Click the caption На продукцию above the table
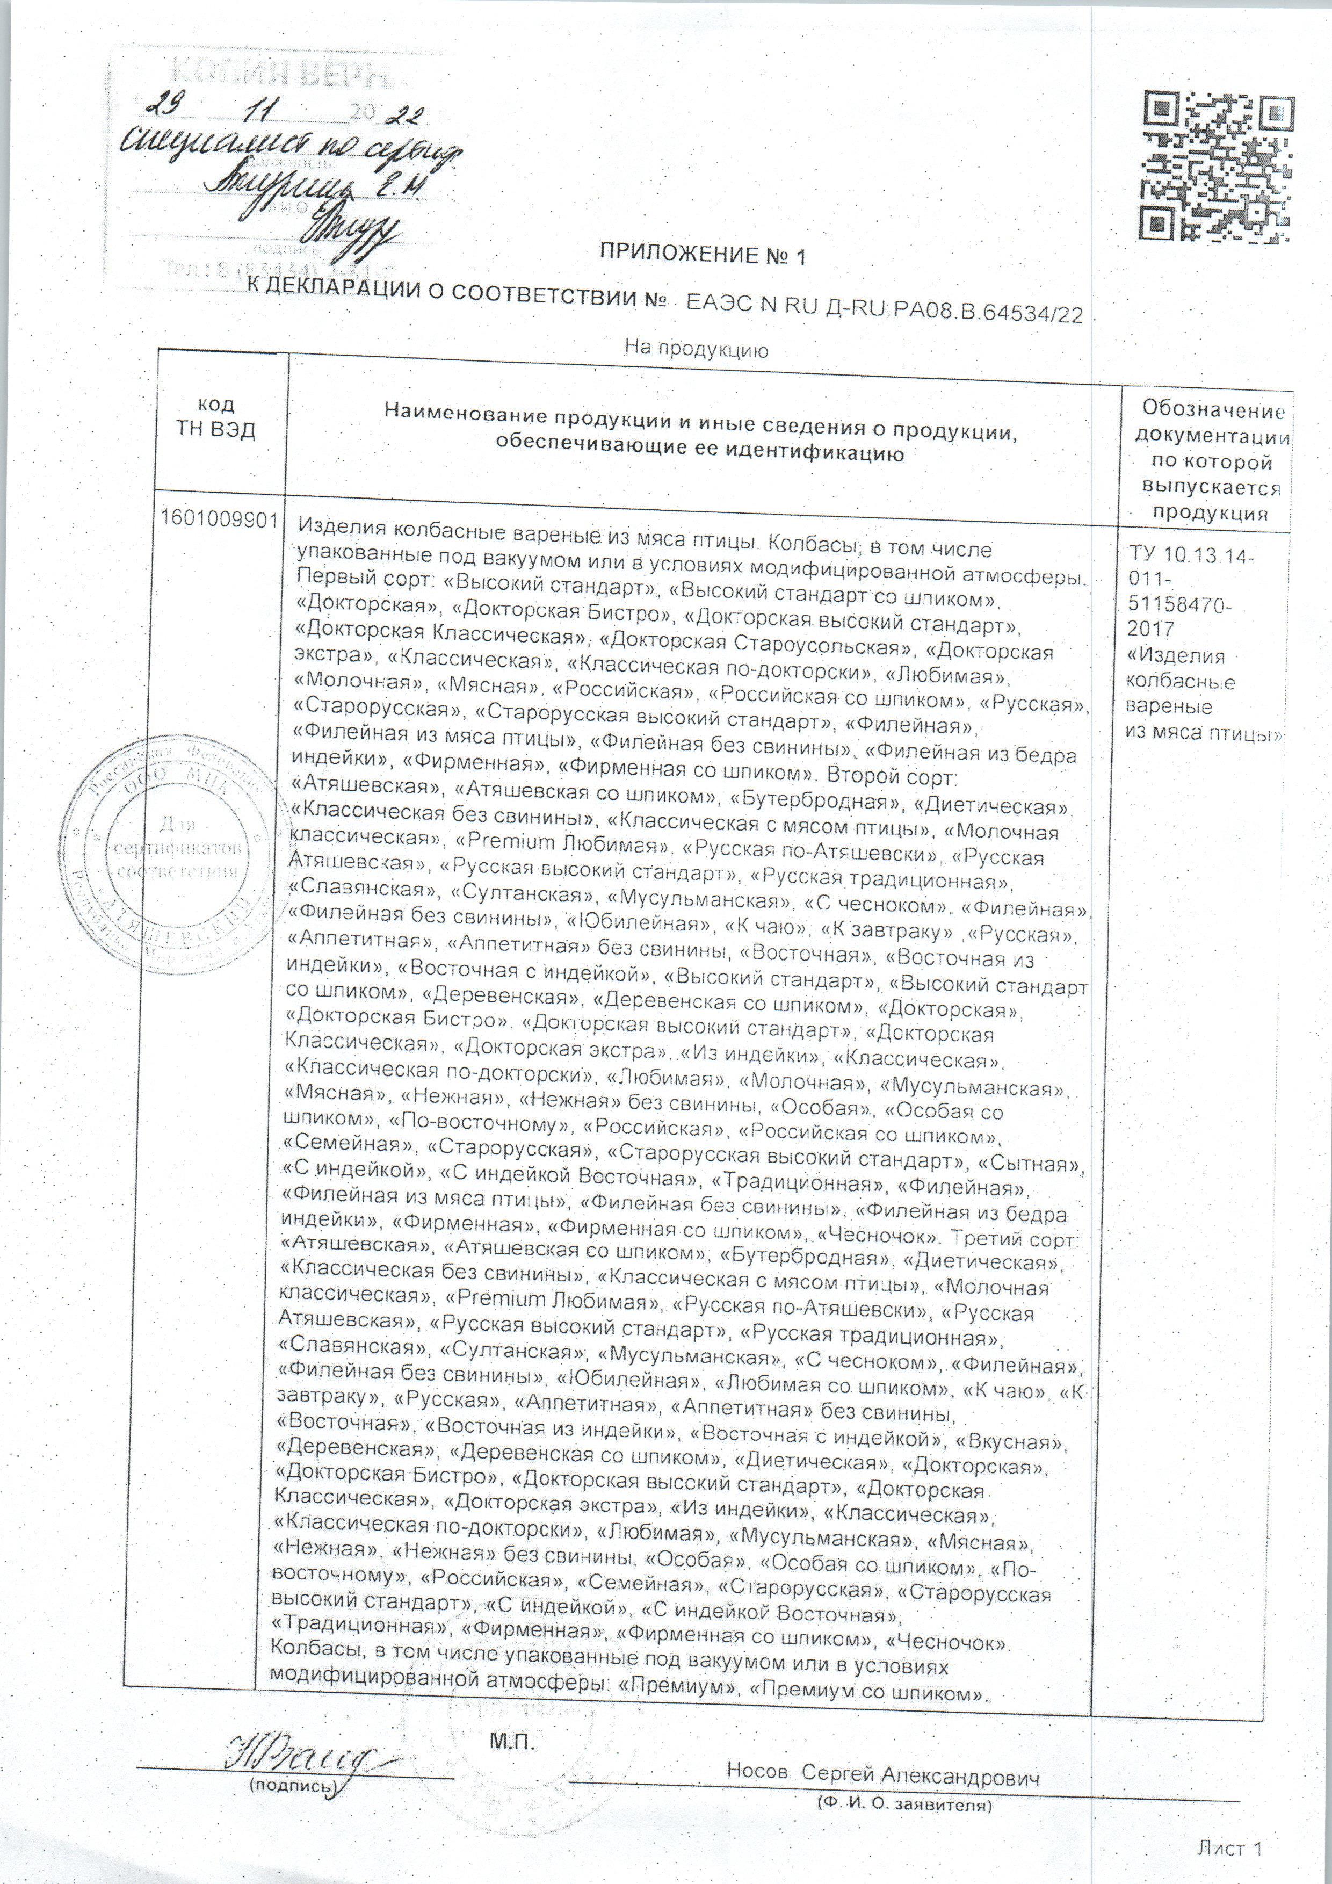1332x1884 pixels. click(x=697, y=350)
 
